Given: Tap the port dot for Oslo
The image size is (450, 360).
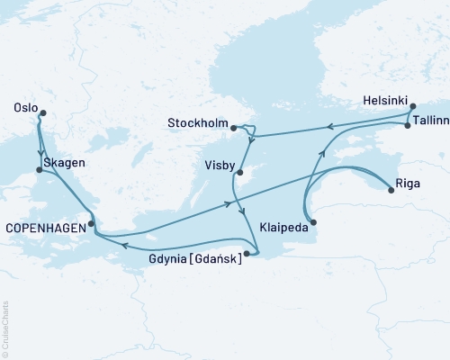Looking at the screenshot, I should coord(41,113).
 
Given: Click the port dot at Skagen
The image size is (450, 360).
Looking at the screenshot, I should coord(38,169).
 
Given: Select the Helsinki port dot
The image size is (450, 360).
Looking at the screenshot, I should coord(413,107).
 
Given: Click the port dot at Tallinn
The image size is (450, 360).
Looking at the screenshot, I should coord(408,126).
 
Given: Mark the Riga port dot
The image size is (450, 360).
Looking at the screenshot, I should coord(391,189).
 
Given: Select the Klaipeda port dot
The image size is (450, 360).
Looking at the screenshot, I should coord(313,221).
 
